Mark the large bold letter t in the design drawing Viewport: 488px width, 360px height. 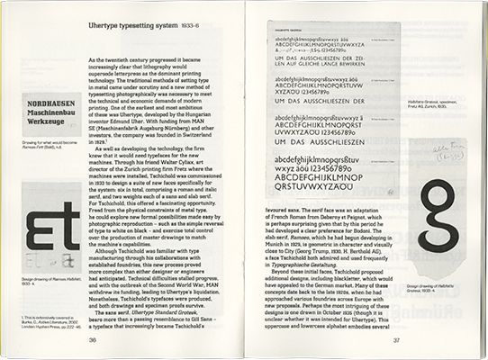(65, 229)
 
